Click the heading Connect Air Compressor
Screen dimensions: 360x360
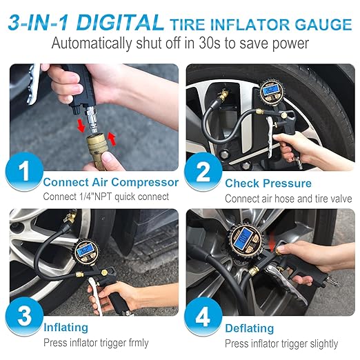pyautogui.click(x=110, y=183)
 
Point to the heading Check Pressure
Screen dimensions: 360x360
pyautogui.click(x=268, y=183)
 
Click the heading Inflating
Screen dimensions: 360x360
pyautogui.click(x=66, y=328)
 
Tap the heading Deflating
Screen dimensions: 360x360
pyautogui.click(x=249, y=328)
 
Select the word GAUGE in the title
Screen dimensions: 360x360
pyautogui.click(x=324, y=26)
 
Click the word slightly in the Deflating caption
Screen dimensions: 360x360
pyautogui.click(x=319, y=343)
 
